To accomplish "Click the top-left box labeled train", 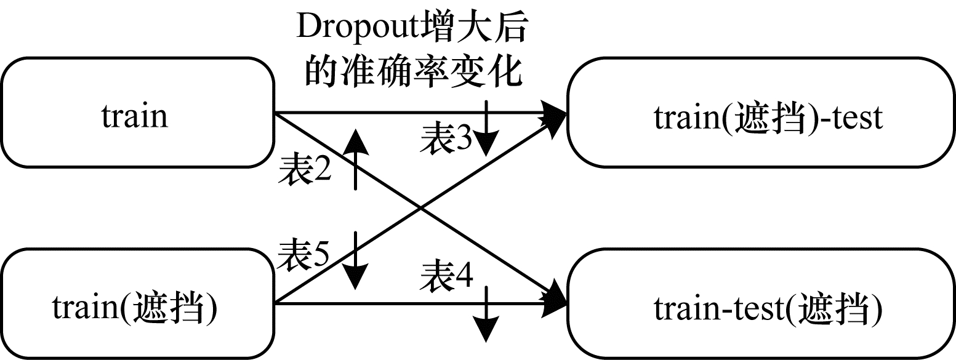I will (137, 113).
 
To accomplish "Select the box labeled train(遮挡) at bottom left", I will (137, 304).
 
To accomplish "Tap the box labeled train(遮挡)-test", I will (761, 113).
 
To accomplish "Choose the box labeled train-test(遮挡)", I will (761, 304).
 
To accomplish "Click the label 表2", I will (305, 172).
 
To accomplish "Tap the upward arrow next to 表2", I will (356, 159).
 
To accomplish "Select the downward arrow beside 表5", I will (356, 262).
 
